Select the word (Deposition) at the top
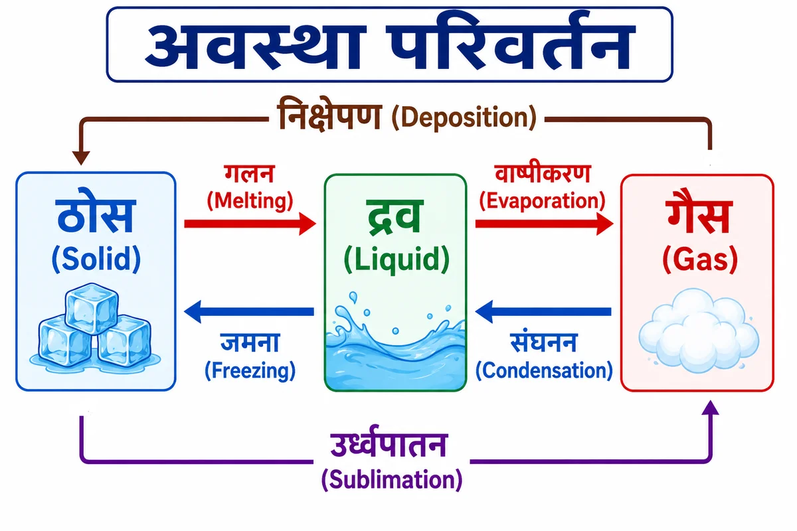pyautogui.click(x=464, y=117)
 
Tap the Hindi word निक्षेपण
pyautogui.click(x=329, y=114)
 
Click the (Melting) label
pyautogui.click(x=250, y=201)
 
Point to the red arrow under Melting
pyautogui.click(x=250, y=224)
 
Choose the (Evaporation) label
pyautogui.click(x=542, y=201)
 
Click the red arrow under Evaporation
pyautogui.click(x=545, y=224)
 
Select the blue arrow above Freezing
pyautogui.click(x=249, y=312)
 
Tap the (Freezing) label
pyautogui.click(x=250, y=371)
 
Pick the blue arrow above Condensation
pyautogui.click(x=543, y=312)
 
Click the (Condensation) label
pyautogui.click(x=544, y=370)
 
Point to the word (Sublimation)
pyautogui.click(x=392, y=480)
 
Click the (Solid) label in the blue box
pyautogui.click(x=96, y=259)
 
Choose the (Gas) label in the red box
pyautogui.click(x=700, y=259)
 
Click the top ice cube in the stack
pyautogui.click(x=92, y=309)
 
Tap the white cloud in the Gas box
pyautogui.click(x=699, y=331)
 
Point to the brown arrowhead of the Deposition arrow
pyautogui.click(x=81, y=157)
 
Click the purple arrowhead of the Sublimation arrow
pyautogui.click(x=711, y=408)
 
